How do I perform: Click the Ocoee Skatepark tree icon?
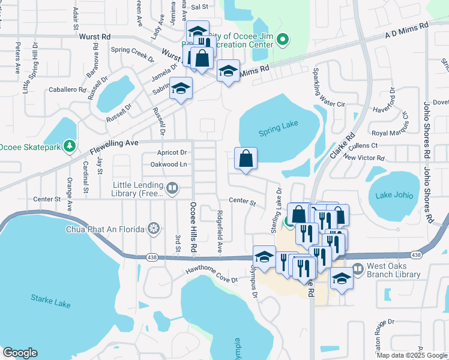70,146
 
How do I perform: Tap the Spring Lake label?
278,132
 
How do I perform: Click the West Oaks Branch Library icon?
358,268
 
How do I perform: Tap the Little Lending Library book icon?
172,188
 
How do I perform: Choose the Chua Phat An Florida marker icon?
154,229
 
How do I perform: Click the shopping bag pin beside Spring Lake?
246,159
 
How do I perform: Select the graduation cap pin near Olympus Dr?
264,257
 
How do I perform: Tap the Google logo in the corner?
20,353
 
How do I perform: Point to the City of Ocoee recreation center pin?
285,41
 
